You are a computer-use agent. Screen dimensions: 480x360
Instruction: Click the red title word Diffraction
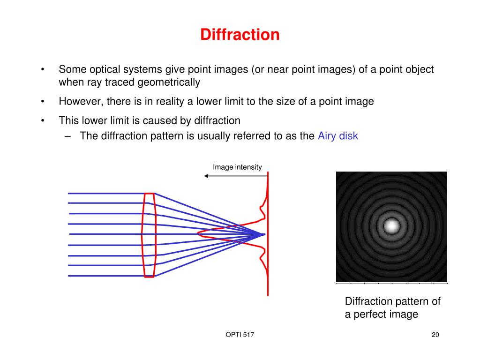coord(240,35)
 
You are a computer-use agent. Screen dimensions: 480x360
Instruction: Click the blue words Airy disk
coord(337,136)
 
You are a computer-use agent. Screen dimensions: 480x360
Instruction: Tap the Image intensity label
coord(237,167)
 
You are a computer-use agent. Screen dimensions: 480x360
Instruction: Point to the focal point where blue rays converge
coord(264,234)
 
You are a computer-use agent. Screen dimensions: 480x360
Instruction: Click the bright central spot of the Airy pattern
coord(391,226)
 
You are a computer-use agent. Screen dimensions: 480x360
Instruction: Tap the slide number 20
coord(435,335)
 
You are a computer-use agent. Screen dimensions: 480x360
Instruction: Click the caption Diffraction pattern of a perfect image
coord(392,307)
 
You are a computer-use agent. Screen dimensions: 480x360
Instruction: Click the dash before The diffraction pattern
coord(69,136)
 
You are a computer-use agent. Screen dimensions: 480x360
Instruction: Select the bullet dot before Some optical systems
coord(43,70)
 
